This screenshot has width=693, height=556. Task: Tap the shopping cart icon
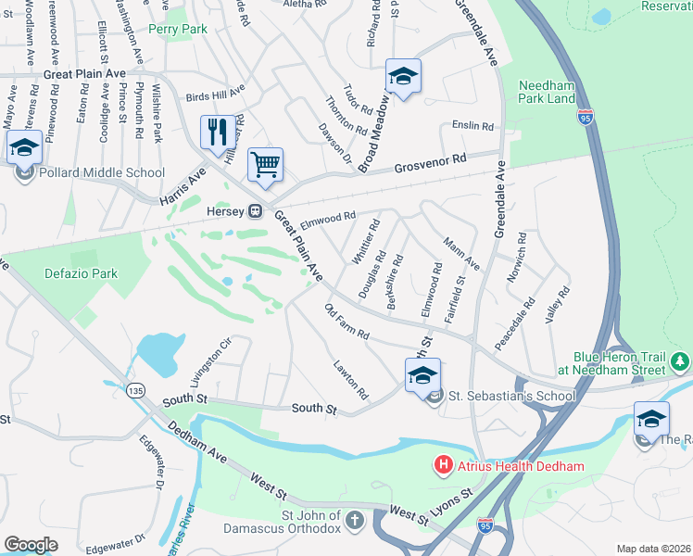266,164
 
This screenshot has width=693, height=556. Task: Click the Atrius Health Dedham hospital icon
445,465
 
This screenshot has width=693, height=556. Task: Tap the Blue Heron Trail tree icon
682,360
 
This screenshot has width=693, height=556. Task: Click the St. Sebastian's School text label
512,396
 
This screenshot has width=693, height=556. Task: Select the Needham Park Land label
547,90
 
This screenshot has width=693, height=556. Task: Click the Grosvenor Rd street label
428,167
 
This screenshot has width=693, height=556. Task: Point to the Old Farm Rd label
346,320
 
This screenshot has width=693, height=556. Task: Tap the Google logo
31,544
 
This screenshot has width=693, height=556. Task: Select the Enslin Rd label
473,126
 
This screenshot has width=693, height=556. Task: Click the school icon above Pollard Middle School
24,146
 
